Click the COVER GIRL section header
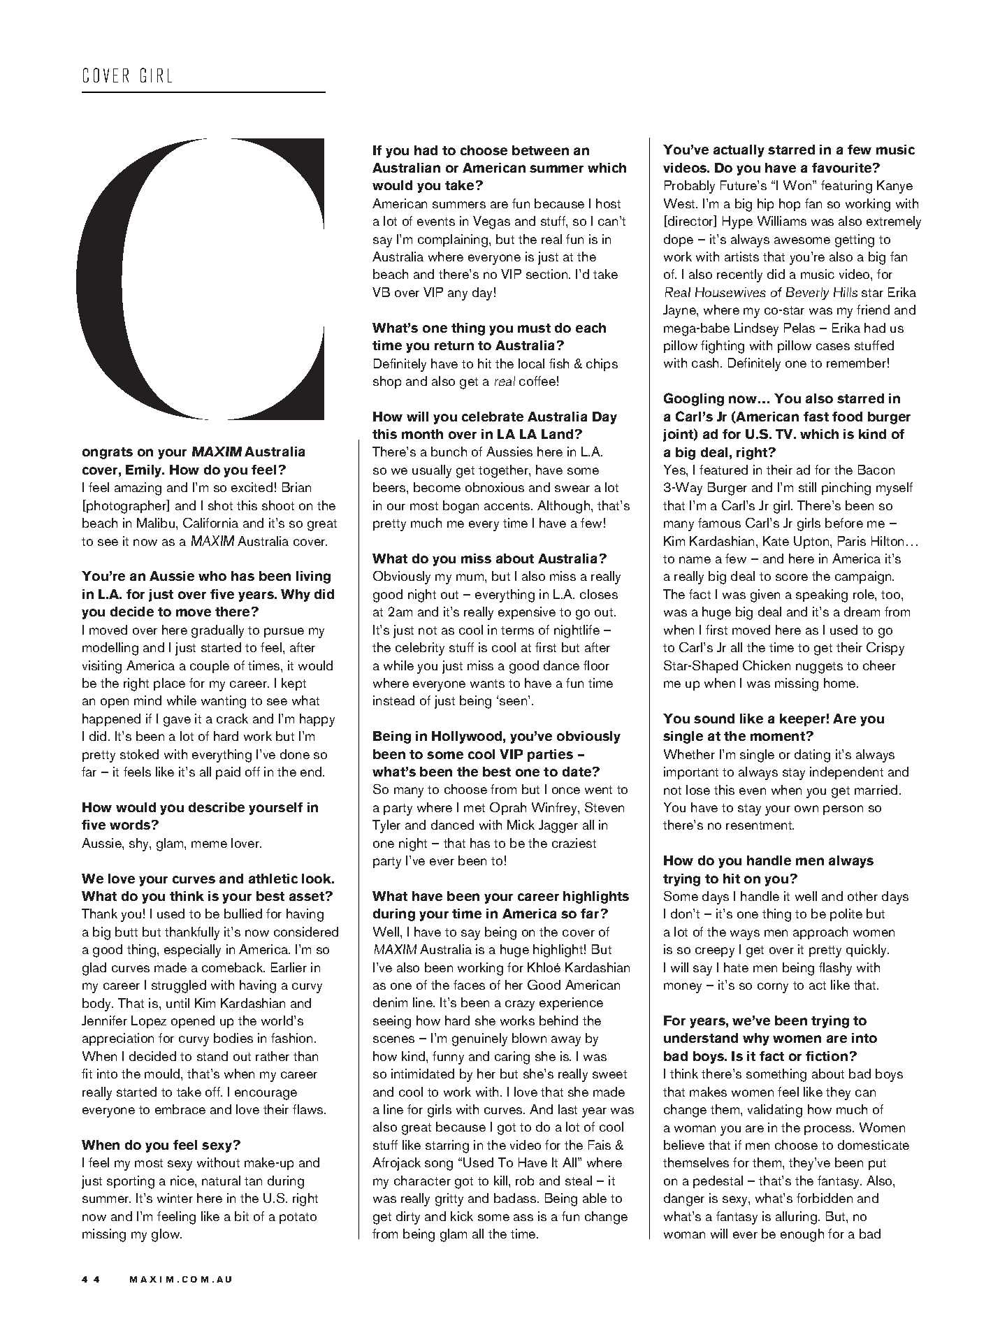pyautogui.click(x=127, y=75)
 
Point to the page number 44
pyautogui.click(x=92, y=1279)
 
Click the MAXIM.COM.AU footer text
pyautogui.click(x=181, y=1279)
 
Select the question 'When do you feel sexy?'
pyautogui.click(x=161, y=1145)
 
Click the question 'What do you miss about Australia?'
pyautogui.click(x=490, y=558)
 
